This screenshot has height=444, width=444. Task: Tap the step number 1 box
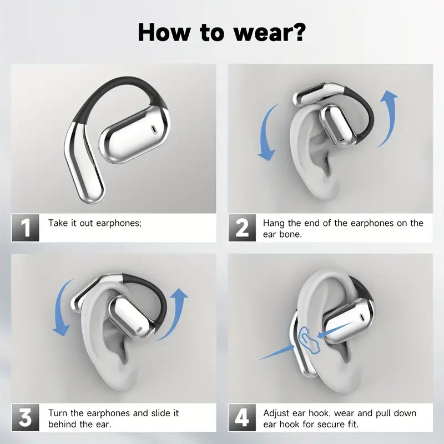[x=26, y=228]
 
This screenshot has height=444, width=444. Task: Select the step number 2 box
[x=242, y=228]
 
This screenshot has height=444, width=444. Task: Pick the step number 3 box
[x=26, y=418]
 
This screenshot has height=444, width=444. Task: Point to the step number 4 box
[x=242, y=418]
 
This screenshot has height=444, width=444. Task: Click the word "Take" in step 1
[x=58, y=223]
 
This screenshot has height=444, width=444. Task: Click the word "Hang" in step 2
[x=274, y=223]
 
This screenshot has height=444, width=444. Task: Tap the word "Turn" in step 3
[x=58, y=413]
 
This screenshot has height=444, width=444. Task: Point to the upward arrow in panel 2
[x=389, y=119]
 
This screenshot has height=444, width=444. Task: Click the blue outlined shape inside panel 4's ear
[x=306, y=340]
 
